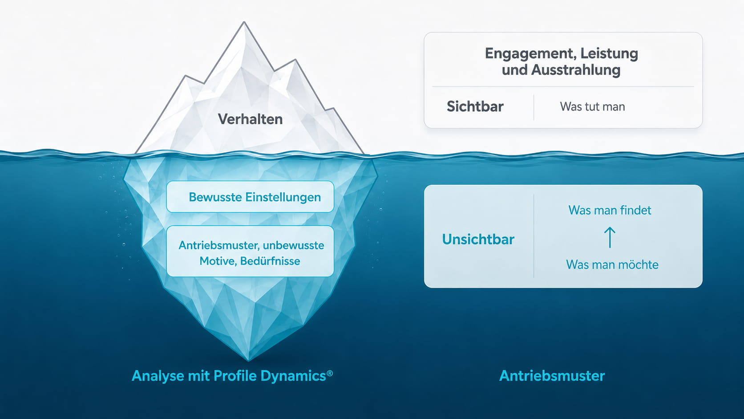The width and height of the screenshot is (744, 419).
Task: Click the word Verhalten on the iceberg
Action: click(250, 119)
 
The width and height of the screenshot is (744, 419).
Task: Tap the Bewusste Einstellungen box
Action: click(250, 197)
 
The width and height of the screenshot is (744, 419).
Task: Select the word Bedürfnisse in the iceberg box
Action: click(270, 261)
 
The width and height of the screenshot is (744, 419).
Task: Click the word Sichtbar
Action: click(475, 106)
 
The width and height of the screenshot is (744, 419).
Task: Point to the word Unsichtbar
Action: click(478, 239)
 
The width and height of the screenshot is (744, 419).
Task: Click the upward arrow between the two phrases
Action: click(610, 237)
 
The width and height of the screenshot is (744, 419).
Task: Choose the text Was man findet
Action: click(610, 210)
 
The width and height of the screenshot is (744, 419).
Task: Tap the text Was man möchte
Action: click(612, 264)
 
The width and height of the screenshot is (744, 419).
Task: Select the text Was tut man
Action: click(593, 106)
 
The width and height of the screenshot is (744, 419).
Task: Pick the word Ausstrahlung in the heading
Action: click(576, 70)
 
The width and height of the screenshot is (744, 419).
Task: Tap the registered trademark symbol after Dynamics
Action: click(329, 373)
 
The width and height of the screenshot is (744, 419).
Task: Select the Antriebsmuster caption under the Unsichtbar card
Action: click(552, 376)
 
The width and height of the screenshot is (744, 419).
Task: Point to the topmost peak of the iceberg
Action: click(244, 22)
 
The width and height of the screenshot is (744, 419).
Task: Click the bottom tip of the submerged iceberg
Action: click(248, 360)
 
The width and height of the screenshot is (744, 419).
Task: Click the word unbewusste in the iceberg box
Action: click(293, 245)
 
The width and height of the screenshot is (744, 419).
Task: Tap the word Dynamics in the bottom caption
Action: click(293, 376)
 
